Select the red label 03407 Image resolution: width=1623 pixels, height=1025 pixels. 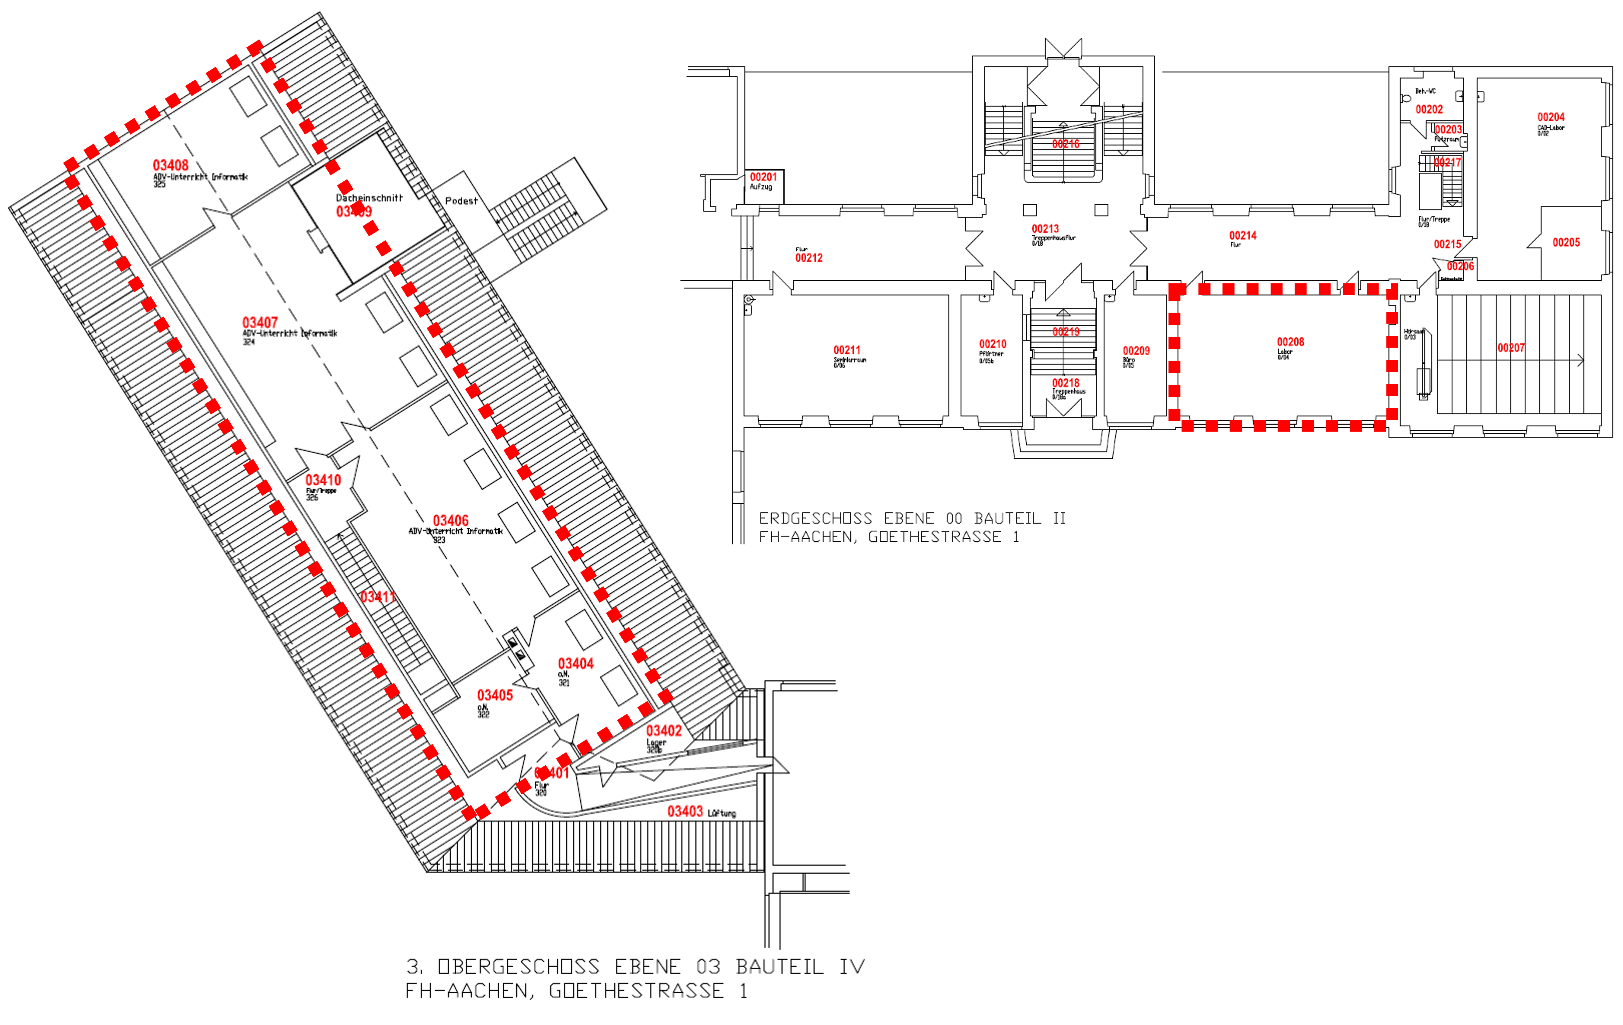(260, 322)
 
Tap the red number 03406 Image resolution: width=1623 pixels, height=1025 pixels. (451, 520)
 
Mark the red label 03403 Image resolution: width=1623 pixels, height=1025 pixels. (685, 811)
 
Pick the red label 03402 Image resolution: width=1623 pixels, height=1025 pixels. (664, 731)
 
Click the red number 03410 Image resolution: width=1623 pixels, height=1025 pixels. (324, 480)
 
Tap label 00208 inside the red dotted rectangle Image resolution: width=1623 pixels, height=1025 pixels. (1291, 342)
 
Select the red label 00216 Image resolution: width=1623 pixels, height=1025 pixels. (1066, 143)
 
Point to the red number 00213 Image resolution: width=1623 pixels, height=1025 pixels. (1045, 228)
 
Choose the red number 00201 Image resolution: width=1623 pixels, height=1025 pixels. (764, 177)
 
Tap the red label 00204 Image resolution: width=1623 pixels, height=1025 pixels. (1551, 117)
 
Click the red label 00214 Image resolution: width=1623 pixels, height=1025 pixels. (1243, 235)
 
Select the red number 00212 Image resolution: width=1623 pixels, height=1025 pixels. (809, 258)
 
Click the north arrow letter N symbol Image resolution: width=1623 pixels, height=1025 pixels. (1064, 46)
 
